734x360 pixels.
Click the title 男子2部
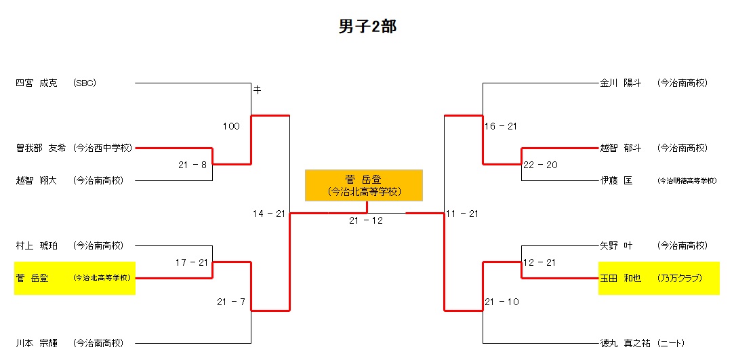pyautogui.click(x=367, y=26)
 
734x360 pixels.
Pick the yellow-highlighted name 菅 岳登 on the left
pyautogui.click(x=32, y=278)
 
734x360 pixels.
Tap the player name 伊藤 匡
pyautogui.click(x=616, y=180)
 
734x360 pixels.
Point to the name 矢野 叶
pyautogui.click(x=616, y=245)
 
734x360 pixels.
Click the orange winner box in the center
pyautogui.click(x=364, y=185)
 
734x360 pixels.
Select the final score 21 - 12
pyautogui.click(x=366, y=220)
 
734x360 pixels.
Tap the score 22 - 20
pyautogui.click(x=539, y=165)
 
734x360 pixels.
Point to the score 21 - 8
pyautogui.click(x=192, y=165)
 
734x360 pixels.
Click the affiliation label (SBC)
pyautogui.click(x=85, y=83)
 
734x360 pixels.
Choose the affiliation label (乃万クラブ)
pyautogui.click(x=679, y=278)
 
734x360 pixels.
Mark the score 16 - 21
pyautogui.click(x=501, y=126)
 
